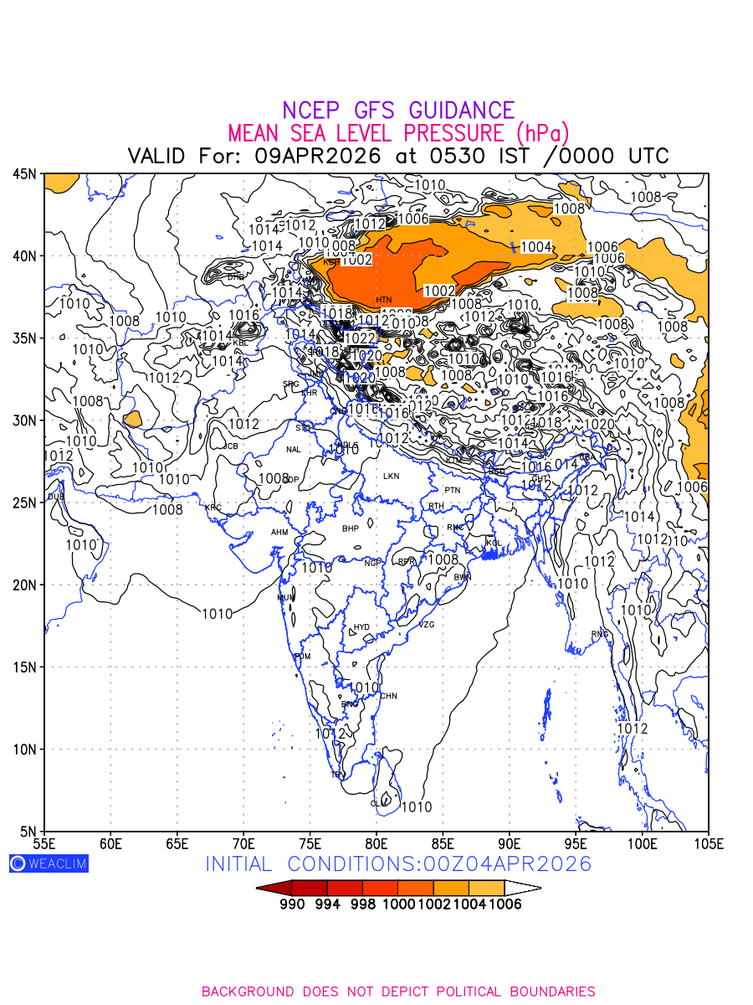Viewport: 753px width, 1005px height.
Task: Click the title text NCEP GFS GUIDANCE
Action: pos(398,111)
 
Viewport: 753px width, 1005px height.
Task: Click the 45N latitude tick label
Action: pos(24,174)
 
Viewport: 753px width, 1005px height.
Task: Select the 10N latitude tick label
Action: pos(24,750)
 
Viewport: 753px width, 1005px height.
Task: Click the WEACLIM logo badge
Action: pos(49,863)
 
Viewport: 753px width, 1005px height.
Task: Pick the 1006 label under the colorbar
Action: pos(505,904)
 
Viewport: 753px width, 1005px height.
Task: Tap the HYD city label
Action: pos(361,627)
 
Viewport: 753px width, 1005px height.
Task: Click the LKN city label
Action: pos(391,477)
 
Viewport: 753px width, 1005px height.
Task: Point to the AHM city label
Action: pos(279,533)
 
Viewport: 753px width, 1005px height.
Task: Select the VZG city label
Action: pos(427,625)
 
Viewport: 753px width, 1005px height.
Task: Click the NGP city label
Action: pos(372,563)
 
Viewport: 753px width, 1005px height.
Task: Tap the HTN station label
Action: pos(383,300)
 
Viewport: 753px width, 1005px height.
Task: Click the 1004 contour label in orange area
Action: pos(535,247)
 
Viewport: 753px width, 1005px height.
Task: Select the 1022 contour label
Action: pos(360,338)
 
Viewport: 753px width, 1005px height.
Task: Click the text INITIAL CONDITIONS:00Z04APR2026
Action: pos(398,864)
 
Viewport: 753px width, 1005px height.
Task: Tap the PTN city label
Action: pos(453,490)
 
